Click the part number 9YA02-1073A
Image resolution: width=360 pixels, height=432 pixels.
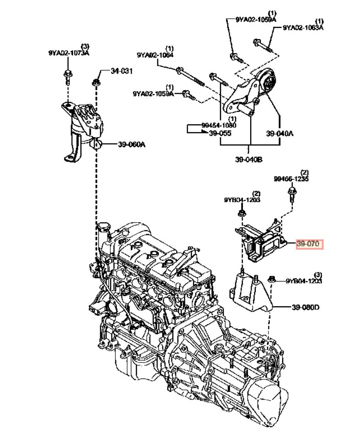(69, 53)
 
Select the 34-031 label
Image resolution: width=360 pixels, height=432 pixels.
(122, 71)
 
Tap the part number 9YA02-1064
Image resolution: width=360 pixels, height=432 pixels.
(155, 55)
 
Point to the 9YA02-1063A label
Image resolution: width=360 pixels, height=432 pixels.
(303, 27)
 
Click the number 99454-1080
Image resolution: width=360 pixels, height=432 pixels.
(219, 125)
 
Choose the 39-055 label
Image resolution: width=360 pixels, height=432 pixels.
(220, 133)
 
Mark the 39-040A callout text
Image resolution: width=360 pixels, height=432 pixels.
(279, 133)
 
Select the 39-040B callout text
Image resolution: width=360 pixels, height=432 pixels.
(249, 159)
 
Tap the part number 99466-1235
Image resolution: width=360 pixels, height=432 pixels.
(291, 179)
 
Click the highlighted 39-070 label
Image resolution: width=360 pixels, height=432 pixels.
(309, 244)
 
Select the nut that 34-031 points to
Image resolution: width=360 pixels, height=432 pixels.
(96, 83)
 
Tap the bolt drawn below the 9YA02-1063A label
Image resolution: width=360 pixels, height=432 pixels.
(262, 45)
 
